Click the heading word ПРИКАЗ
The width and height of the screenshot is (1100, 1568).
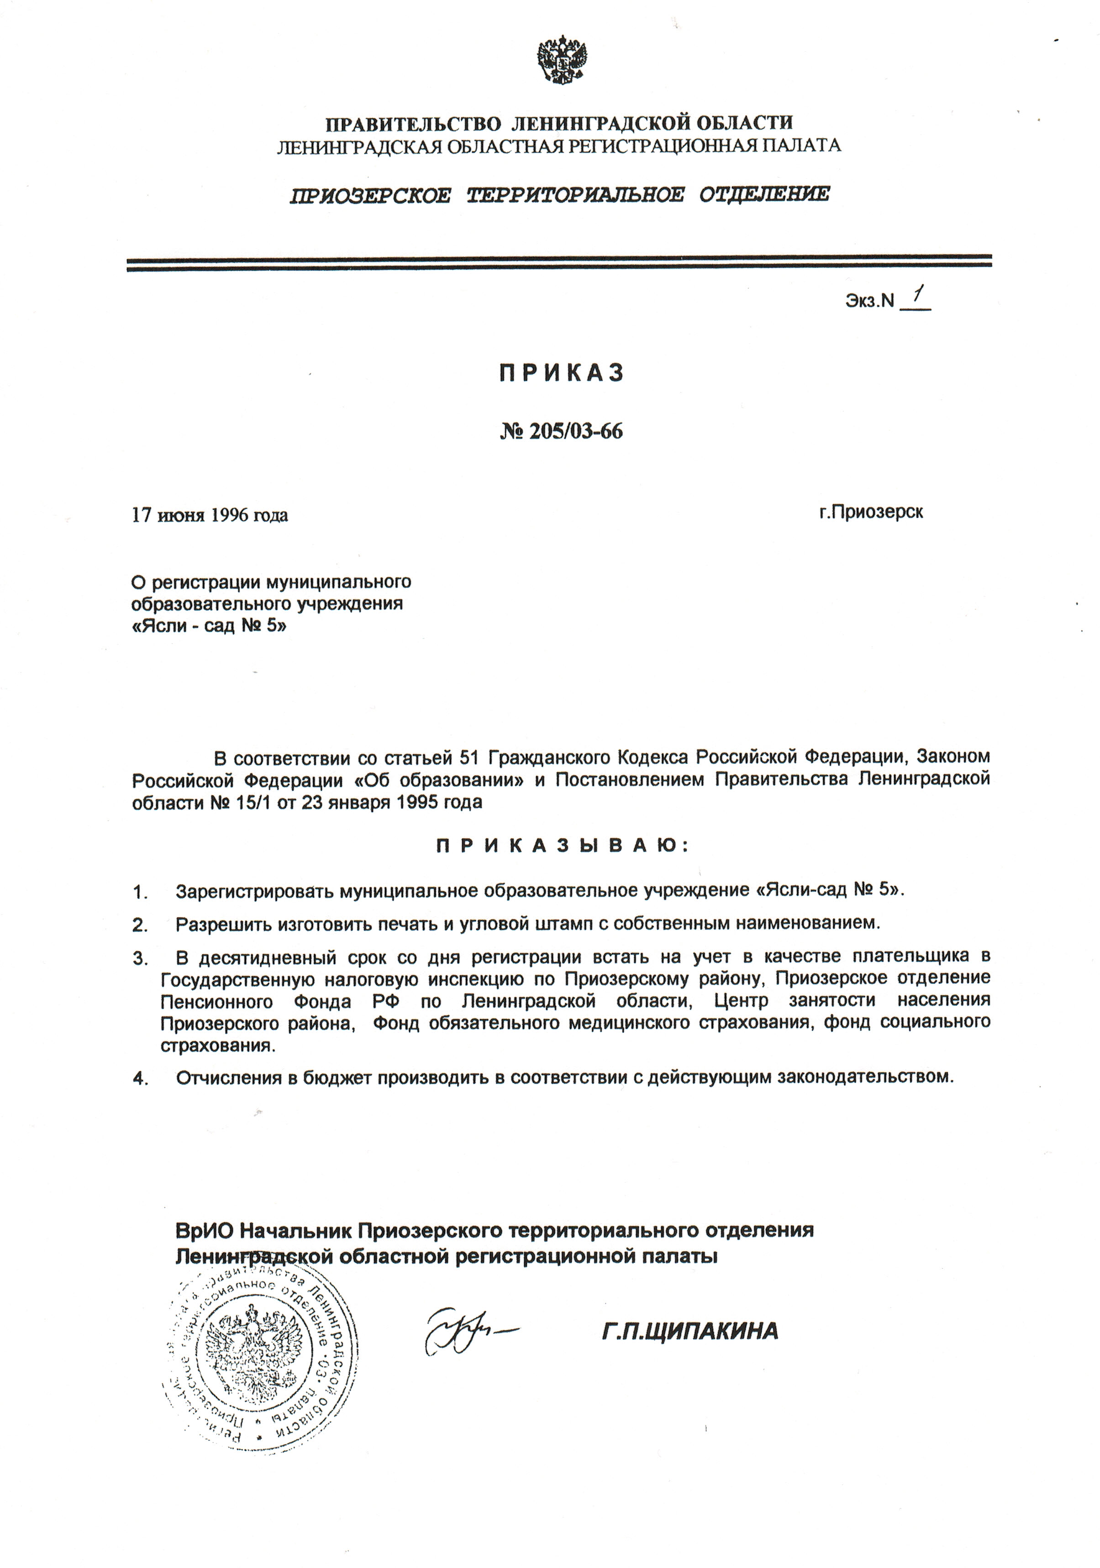click(562, 373)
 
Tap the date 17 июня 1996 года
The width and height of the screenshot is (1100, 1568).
click(210, 515)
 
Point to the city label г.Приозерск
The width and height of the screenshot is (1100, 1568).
click(871, 512)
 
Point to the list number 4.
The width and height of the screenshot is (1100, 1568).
click(141, 1078)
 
